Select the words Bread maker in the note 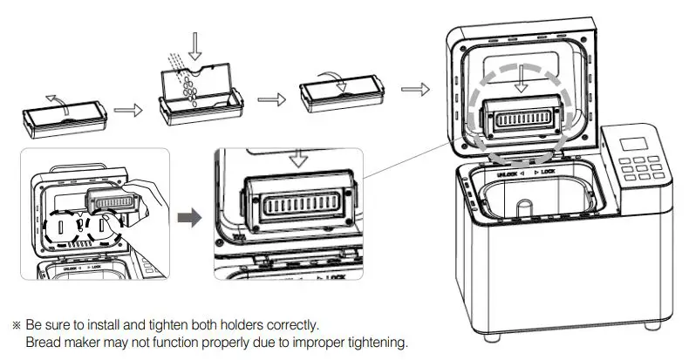click(x=60, y=341)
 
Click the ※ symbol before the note click(x=16, y=325)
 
